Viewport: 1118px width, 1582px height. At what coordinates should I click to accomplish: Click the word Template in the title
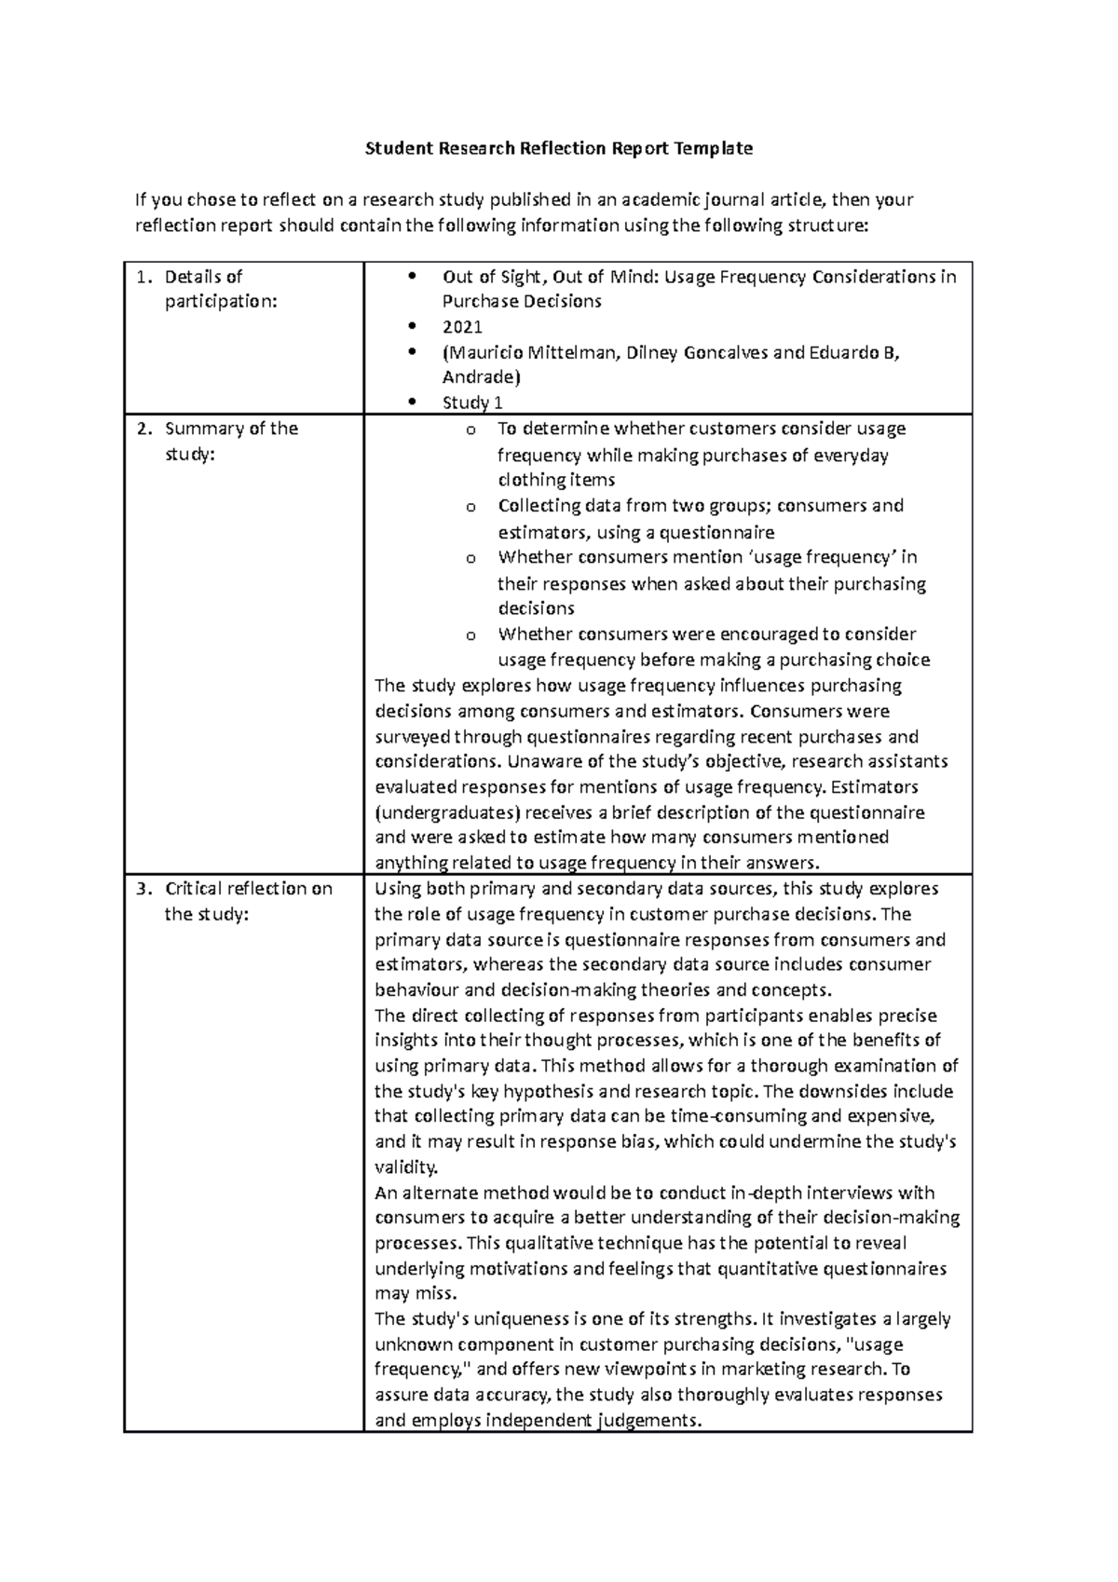point(712,148)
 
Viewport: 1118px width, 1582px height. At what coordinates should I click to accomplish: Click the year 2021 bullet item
point(462,327)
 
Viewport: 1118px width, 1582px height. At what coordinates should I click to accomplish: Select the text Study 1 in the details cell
point(472,402)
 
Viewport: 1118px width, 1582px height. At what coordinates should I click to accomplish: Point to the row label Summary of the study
point(230,441)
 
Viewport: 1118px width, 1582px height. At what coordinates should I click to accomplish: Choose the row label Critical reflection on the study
point(247,901)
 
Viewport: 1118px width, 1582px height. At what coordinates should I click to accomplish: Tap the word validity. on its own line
point(405,1167)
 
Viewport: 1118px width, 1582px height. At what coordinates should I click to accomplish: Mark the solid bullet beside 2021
point(413,327)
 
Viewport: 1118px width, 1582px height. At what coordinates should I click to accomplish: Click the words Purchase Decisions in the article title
point(522,302)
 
